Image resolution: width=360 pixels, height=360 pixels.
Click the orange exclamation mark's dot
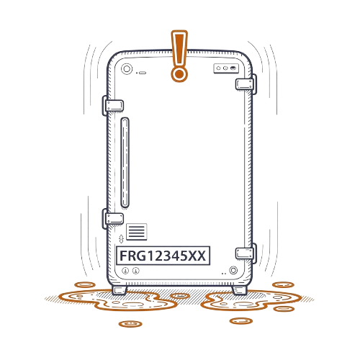pyautogui.click(x=179, y=74)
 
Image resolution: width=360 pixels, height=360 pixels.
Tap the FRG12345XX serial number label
pyautogui.click(x=163, y=256)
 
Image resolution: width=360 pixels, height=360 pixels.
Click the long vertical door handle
pyautogui.click(x=125, y=163)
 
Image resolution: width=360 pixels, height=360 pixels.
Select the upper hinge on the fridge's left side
pyautogui.click(x=113, y=106)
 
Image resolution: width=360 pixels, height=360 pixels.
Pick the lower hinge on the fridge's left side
pyautogui.click(x=113, y=219)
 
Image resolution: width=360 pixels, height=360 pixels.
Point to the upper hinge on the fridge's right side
pyautogui.click(x=246, y=84)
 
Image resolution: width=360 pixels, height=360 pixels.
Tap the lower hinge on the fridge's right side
pyautogui.click(x=246, y=253)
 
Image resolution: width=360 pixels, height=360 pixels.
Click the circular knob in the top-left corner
pyautogui.click(x=127, y=69)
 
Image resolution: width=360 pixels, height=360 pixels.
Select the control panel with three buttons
pyautogui.click(x=226, y=68)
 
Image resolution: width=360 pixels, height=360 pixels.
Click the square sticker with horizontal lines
pyautogui.click(x=137, y=232)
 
